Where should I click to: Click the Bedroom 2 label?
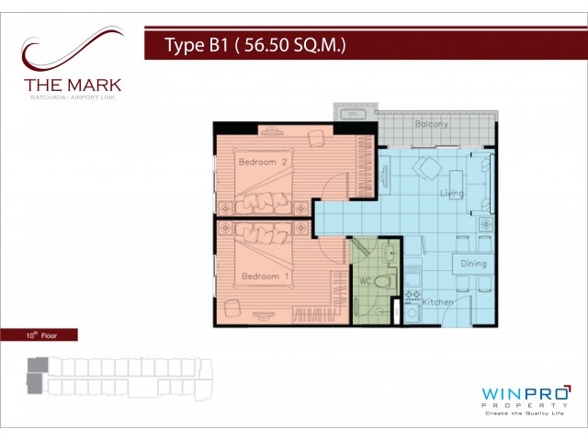263,162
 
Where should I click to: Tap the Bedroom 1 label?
266,277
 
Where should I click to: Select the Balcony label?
431,124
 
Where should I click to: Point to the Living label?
451,193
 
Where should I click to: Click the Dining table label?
474,264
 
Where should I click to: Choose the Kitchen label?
437,302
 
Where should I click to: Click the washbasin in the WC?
390,254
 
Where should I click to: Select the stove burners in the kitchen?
413,294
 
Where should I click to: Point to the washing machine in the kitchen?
413,312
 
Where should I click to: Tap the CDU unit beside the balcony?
353,113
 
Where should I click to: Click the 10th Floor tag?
41,335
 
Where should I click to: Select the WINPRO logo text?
526,394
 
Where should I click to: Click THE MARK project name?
73,85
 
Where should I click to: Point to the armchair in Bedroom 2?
316,139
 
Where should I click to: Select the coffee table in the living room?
456,185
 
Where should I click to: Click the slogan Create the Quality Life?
525,413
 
